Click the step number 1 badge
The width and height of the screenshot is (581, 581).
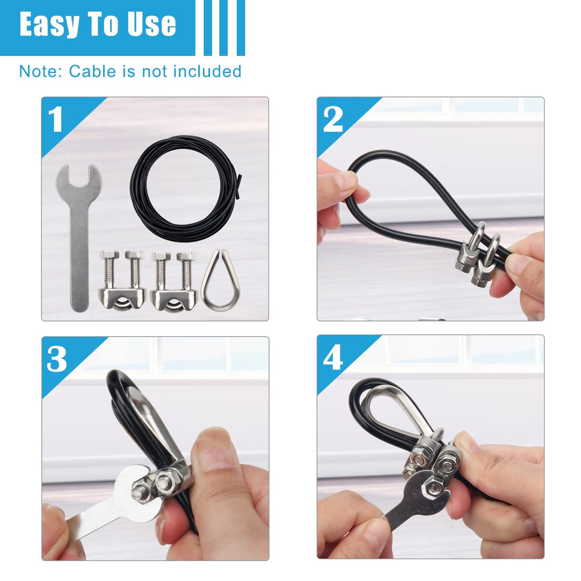point(55,119)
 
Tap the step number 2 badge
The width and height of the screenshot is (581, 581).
point(333,119)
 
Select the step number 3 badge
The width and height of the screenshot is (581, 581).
point(57,359)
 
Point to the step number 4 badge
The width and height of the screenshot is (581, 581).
point(333,357)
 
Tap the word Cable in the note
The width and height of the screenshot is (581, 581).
point(92,72)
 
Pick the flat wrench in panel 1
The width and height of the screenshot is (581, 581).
point(79,241)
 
